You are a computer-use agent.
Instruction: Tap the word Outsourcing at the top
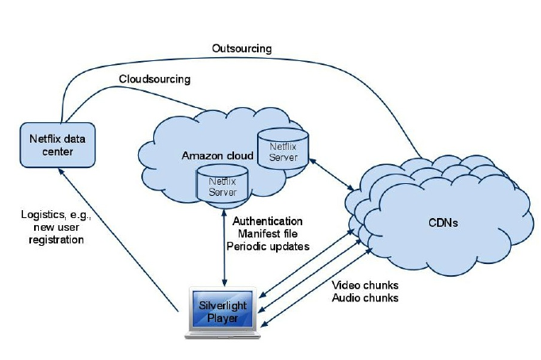coord(241,48)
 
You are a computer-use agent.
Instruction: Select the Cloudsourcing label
coord(155,79)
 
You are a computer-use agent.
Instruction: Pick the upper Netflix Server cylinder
coord(283,150)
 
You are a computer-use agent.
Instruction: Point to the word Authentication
coord(267,220)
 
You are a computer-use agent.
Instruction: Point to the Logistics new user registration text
coord(52,227)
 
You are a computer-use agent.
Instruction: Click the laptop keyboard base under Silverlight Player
coord(224,334)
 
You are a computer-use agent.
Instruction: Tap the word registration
coord(52,239)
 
